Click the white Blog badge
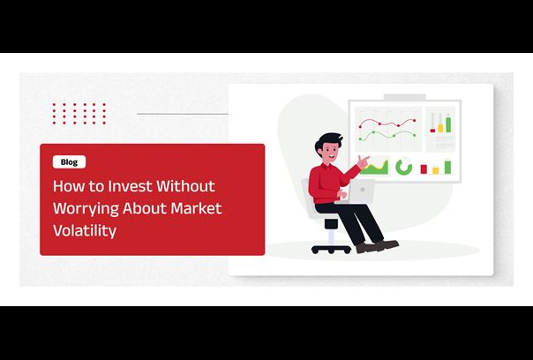point(69,161)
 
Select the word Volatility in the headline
point(85,230)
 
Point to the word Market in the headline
point(196,208)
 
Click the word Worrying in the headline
point(86,209)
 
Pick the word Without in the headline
point(185,186)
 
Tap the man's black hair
point(327,140)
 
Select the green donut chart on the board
point(403,168)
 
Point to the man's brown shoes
point(378,246)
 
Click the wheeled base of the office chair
point(331,249)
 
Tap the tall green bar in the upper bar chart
point(448,124)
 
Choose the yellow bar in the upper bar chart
point(440,128)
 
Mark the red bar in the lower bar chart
point(424,169)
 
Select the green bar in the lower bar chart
point(447,167)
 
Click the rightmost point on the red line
point(414,120)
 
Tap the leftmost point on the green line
point(360,139)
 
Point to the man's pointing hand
point(363,161)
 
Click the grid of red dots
point(79,114)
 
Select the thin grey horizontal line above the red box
point(183,114)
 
